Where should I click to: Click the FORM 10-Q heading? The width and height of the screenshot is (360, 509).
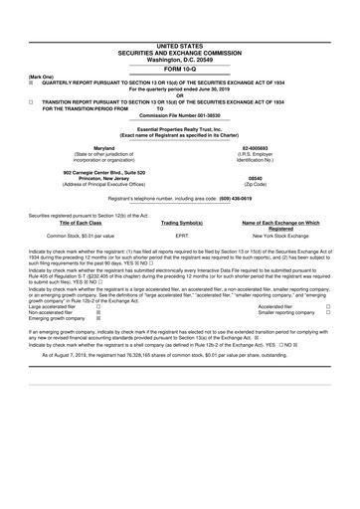point(179,67)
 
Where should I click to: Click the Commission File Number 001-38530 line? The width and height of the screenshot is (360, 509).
point(179,117)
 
